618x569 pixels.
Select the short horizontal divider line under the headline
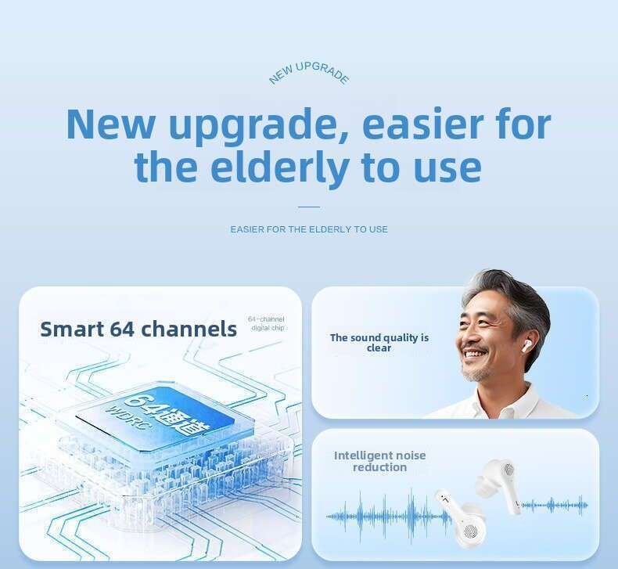(308, 207)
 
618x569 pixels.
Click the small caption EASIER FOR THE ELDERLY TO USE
(309, 229)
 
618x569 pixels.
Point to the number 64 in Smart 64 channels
(122, 329)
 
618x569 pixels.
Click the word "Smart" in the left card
(71, 329)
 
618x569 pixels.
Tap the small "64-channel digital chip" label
(268, 323)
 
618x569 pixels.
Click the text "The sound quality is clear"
(379, 343)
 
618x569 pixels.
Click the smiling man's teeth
(474, 353)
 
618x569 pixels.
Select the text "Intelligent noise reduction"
(379, 461)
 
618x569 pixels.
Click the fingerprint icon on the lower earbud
(471, 531)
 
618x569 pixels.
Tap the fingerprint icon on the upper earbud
(508, 469)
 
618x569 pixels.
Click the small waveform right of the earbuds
(555, 505)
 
